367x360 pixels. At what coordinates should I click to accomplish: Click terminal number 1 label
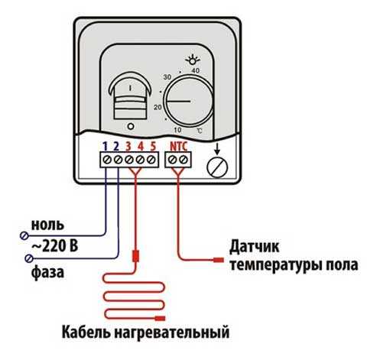(x=105, y=147)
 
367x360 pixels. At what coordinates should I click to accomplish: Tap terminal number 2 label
(x=116, y=147)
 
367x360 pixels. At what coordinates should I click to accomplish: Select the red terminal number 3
(x=128, y=147)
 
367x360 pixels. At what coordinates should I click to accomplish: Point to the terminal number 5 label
(x=153, y=147)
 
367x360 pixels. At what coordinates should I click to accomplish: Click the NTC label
(x=179, y=147)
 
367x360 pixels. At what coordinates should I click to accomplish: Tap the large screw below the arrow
(x=217, y=167)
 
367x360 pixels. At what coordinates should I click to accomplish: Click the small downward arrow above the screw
(x=217, y=149)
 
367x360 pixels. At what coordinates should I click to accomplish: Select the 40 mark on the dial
(x=195, y=70)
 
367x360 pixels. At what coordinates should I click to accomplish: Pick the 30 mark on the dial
(x=167, y=76)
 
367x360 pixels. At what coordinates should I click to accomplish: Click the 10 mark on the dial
(x=177, y=130)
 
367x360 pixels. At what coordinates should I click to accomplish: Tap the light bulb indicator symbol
(x=193, y=60)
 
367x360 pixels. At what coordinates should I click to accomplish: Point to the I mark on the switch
(x=131, y=88)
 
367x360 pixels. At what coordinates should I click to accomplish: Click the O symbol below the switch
(x=131, y=126)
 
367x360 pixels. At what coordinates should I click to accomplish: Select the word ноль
(x=47, y=225)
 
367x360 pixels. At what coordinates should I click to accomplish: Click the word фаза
(x=47, y=273)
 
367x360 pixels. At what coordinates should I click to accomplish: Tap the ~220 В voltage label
(x=55, y=246)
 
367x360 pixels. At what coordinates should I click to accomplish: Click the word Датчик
(x=254, y=247)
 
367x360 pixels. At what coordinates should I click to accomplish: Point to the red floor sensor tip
(x=219, y=260)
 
